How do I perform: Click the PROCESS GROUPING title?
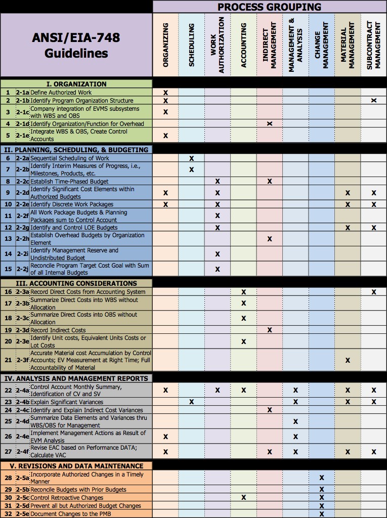[269, 7]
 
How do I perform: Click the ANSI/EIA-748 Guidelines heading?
[76, 45]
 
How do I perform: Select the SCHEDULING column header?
[192, 45]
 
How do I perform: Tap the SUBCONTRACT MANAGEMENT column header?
[373, 45]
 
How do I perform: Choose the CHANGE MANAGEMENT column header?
[322, 45]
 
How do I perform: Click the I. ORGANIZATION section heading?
[76, 84]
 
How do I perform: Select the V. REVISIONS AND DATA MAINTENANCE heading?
[73, 466]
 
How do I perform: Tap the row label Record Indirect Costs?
[58, 330]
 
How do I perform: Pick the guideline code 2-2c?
[22, 181]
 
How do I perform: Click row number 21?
[8, 360]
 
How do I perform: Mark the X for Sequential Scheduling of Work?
[192, 158]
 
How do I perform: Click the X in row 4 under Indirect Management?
[270, 123]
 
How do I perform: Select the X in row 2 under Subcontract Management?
[374, 101]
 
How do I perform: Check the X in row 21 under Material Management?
[348, 360]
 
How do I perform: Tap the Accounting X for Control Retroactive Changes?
[244, 497]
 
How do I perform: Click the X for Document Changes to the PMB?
[322, 514]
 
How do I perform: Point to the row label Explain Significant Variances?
[67, 402]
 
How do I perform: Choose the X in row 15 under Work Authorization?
[218, 269]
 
